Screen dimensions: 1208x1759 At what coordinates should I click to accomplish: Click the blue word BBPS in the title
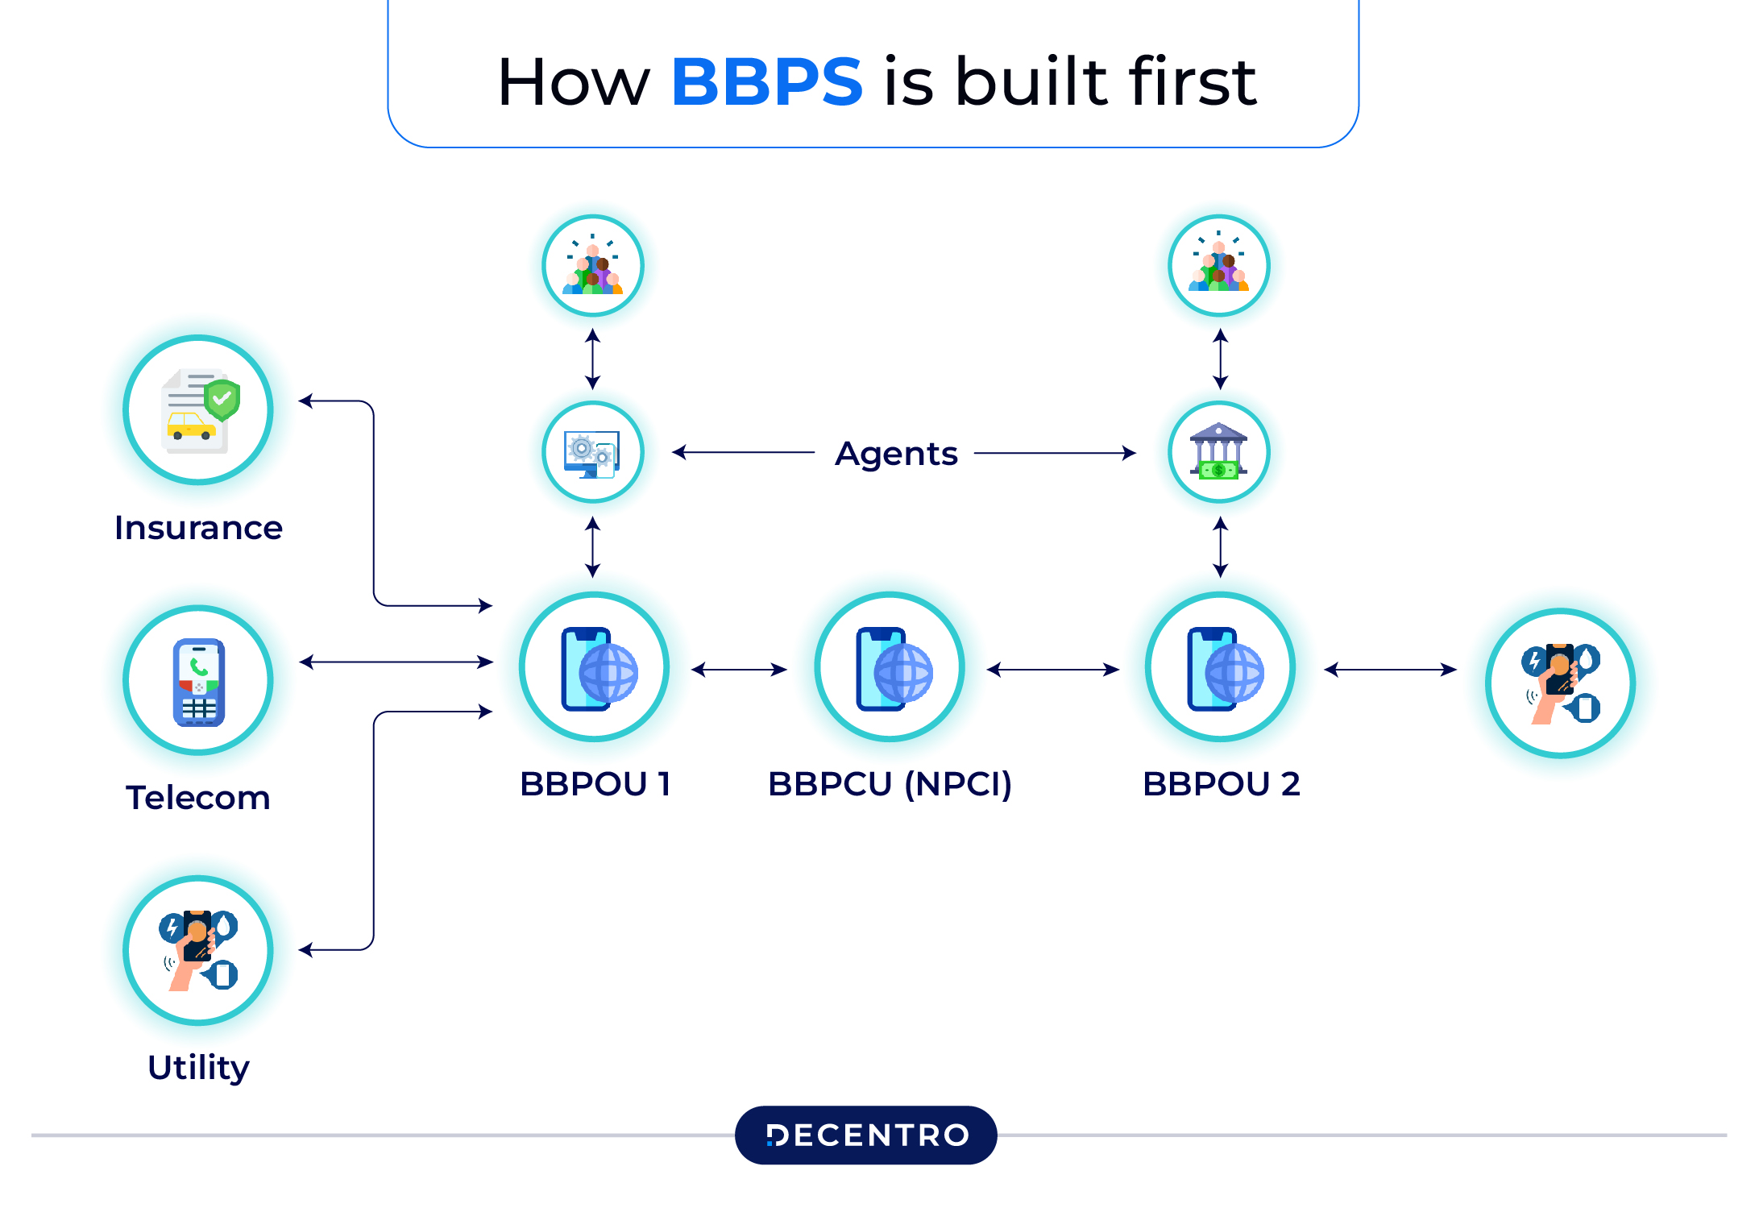[x=766, y=81]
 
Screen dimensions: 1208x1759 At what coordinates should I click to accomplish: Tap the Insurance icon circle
[x=198, y=410]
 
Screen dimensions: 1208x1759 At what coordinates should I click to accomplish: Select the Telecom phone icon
[x=198, y=681]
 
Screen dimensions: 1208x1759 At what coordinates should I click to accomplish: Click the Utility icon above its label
[x=198, y=950]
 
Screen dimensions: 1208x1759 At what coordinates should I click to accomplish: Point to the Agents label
[x=896, y=454]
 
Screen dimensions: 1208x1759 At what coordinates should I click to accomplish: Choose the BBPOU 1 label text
[x=595, y=784]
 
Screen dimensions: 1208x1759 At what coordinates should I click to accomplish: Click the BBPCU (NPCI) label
[x=890, y=784]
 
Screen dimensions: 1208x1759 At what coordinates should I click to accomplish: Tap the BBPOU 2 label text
[x=1221, y=784]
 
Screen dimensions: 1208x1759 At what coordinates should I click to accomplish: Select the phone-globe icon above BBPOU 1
[x=595, y=667]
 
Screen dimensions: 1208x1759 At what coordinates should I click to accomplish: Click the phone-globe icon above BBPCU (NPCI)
[x=890, y=667]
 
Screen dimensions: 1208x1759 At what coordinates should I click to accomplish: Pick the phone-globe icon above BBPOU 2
[x=1221, y=667]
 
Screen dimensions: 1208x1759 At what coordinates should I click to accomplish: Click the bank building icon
[x=1219, y=452]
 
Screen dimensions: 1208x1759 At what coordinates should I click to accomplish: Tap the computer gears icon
[x=593, y=452]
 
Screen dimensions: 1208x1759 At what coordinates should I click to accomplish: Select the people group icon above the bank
[x=1219, y=265]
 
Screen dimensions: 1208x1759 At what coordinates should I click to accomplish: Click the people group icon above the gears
[x=593, y=265]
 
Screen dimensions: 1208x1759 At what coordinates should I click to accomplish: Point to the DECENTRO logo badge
[x=866, y=1135]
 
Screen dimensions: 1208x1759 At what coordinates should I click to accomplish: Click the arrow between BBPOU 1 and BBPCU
[x=739, y=670]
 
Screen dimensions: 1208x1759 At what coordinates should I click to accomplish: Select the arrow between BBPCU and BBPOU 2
[x=1053, y=670]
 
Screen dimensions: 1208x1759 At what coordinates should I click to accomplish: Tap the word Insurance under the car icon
[x=198, y=528]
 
